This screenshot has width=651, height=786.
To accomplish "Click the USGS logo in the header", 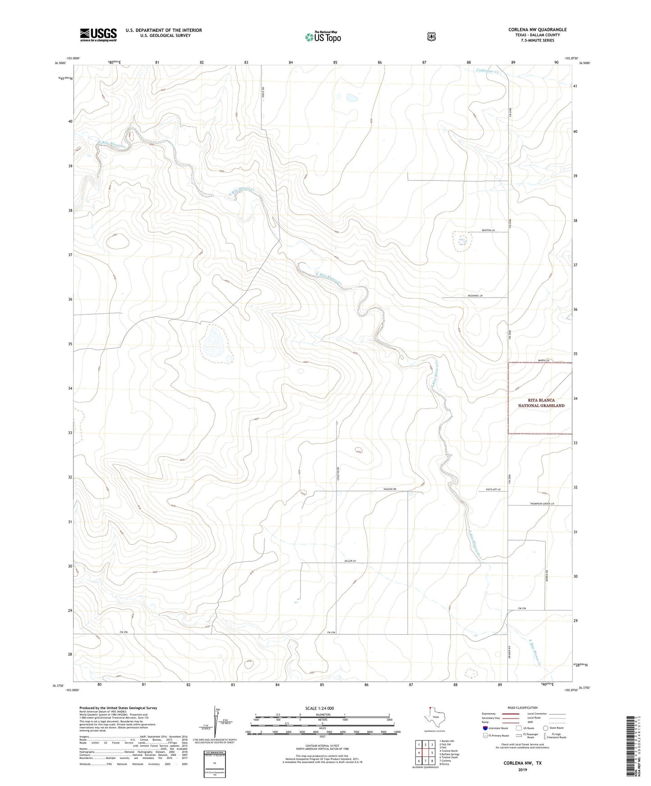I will (98, 35).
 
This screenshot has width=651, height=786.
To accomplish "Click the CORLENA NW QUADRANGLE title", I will (537, 30).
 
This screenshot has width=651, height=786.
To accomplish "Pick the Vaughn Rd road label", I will (390, 489).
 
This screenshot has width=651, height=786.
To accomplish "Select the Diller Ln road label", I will (350, 561).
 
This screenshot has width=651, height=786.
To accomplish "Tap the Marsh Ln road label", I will (544, 360).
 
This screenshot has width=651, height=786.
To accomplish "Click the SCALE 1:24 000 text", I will (319, 708).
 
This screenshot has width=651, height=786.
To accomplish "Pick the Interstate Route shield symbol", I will (485, 728).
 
